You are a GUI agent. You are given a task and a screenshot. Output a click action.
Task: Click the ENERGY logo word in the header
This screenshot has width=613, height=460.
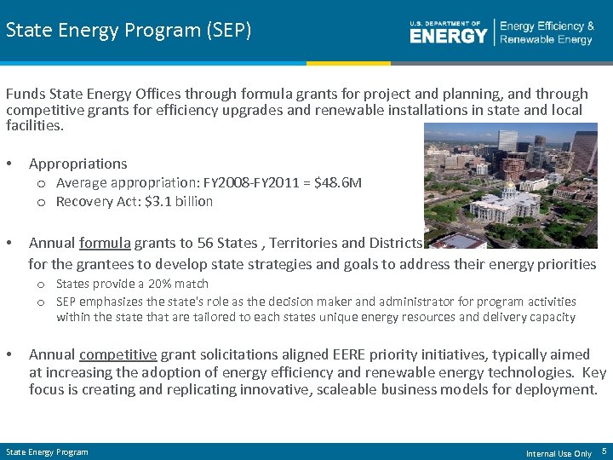pos(448,35)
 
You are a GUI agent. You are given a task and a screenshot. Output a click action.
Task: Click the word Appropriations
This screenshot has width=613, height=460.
pos(77,164)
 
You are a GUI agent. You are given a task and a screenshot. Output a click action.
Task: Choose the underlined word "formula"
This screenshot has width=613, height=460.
pos(105,243)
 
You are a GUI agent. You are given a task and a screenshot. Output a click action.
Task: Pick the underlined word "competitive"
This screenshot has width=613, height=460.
pos(118,354)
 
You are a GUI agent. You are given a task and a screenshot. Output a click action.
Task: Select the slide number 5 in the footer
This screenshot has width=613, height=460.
pos(604,451)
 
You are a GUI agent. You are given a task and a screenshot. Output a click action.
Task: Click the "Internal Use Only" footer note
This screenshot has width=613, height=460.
pos(559,453)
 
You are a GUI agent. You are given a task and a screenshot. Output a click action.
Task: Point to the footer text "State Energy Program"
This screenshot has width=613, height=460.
pos(47,451)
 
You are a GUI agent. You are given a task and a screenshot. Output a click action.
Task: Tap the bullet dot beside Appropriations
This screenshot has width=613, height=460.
pos(9,164)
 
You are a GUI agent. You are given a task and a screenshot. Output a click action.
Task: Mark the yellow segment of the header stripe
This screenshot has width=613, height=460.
pos(348,63)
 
